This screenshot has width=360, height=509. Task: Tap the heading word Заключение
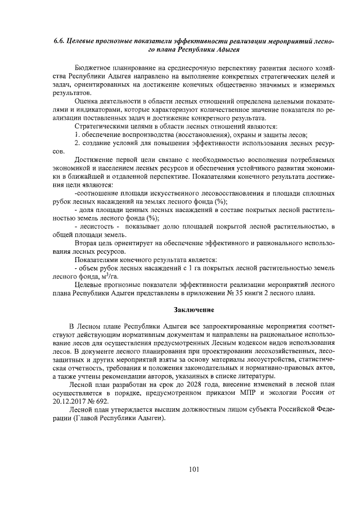193,309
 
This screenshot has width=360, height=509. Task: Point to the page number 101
193,469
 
